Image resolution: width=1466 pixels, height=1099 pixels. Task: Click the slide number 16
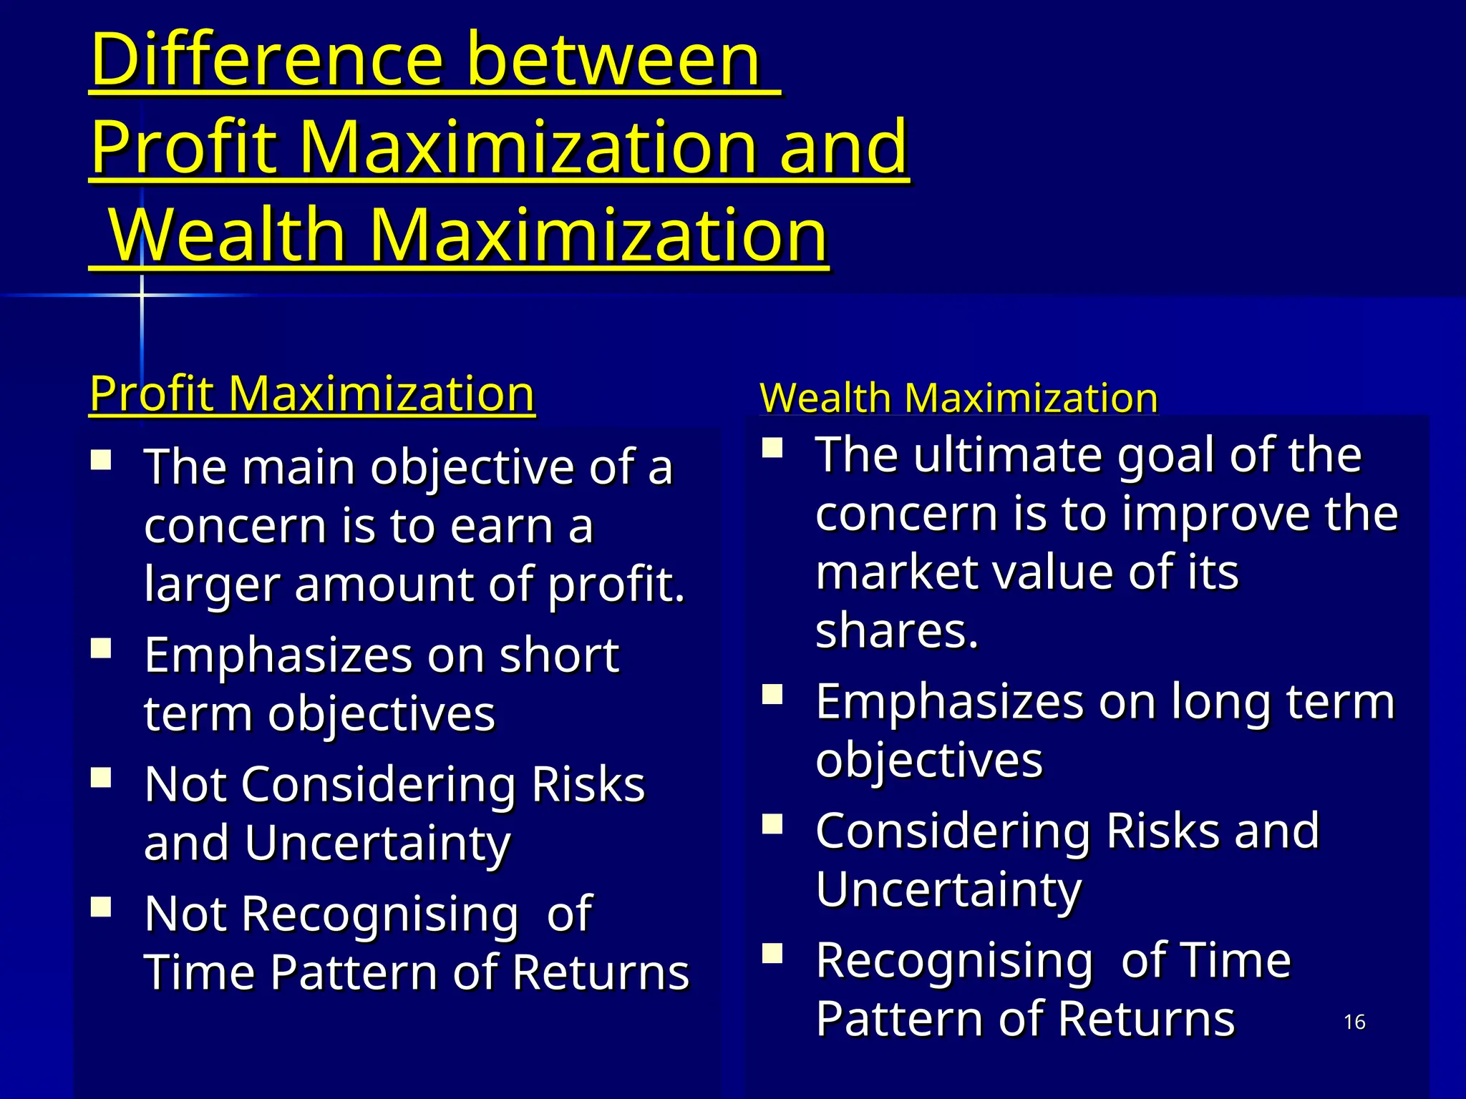tap(1354, 1022)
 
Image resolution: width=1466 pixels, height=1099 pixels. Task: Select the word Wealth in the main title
tap(229, 236)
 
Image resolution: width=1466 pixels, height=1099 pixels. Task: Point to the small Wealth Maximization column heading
tap(958, 398)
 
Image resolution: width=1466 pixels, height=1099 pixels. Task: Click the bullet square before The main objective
tap(101, 459)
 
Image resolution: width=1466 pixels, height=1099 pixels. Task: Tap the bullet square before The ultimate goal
tap(772, 448)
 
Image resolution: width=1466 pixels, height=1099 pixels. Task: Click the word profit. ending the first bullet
tap(616, 585)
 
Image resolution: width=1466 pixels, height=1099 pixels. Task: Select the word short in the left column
tap(559, 655)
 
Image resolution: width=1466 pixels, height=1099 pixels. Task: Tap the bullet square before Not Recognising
tap(101, 907)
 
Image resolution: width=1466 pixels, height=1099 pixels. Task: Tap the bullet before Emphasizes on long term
tap(772, 695)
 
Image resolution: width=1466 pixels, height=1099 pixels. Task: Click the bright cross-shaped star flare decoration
tap(142, 295)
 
